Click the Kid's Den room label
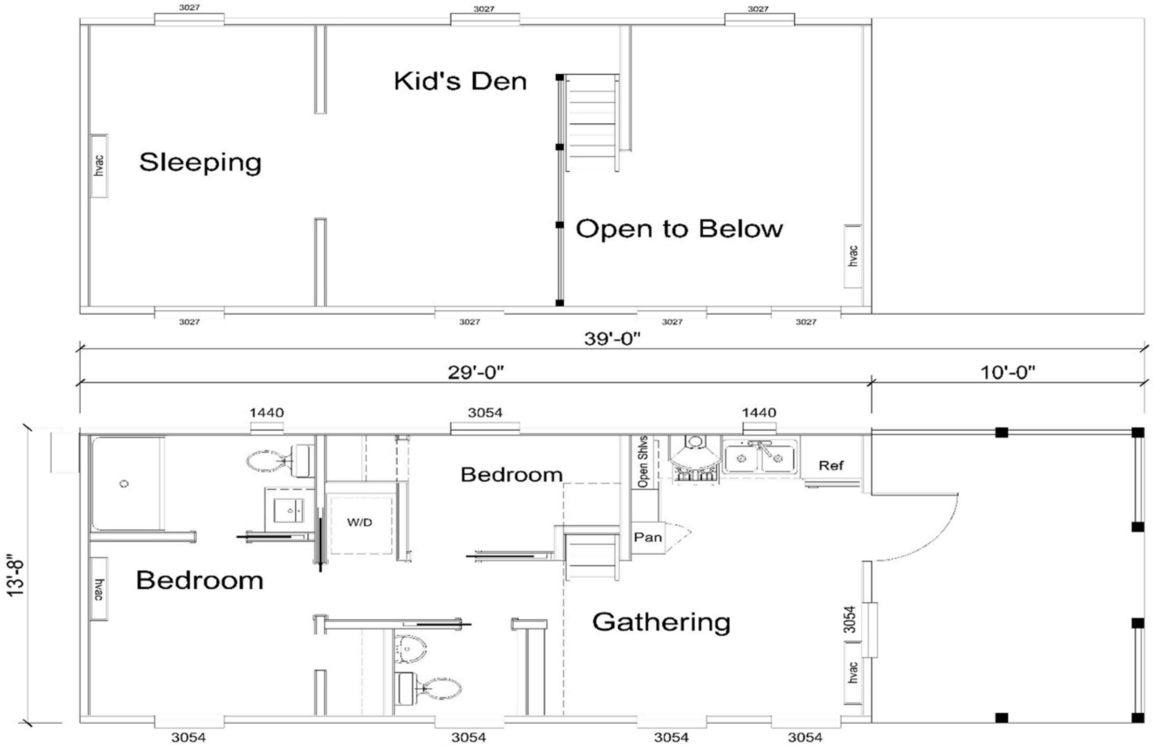460,81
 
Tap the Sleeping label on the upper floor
200,162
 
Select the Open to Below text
680,229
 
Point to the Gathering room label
661,622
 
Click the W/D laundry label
360,522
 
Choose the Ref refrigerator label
831,465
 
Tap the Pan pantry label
648,537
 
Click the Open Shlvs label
643,461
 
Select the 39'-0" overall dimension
612,339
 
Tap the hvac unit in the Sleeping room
99,166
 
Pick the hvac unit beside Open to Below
853,256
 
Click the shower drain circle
124,484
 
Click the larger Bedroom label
200,580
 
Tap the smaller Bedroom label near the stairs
511,475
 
